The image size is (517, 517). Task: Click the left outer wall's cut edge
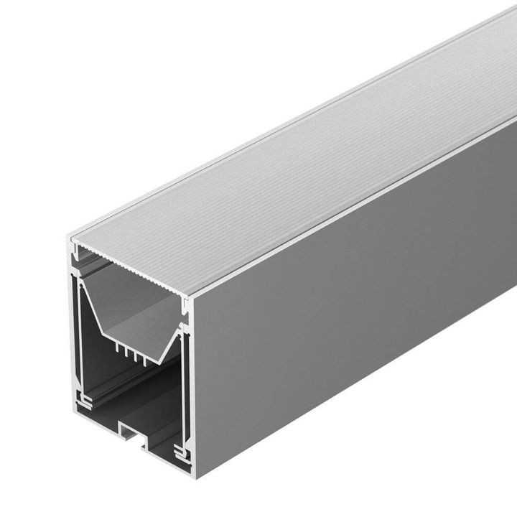click(73, 330)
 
